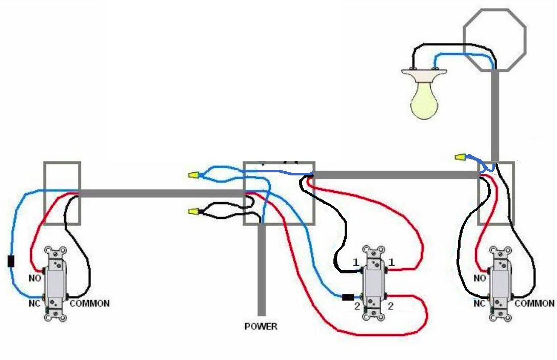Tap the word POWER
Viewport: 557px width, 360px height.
pyautogui.click(x=261, y=326)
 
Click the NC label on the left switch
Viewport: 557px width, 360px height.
pyautogui.click(x=35, y=303)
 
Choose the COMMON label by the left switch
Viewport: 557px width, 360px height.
pyautogui.click(x=90, y=304)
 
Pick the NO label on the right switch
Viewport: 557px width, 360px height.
pyautogui.click(x=480, y=278)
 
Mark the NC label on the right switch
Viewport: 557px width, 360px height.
pyautogui.click(x=480, y=304)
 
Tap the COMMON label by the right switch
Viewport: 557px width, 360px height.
pyautogui.click(x=534, y=304)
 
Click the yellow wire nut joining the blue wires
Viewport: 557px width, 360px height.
pyautogui.click(x=193, y=175)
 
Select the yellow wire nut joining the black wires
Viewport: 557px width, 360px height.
pyautogui.click(x=193, y=211)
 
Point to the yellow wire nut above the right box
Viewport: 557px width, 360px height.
pyautogui.click(x=460, y=156)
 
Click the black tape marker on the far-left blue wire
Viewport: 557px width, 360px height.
pyautogui.click(x=11, y=261)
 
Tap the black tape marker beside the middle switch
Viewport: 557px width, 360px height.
pyautogui.click(x=348, y=296)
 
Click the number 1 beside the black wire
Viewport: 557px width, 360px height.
pyautogui.click(x=355, y=263)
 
